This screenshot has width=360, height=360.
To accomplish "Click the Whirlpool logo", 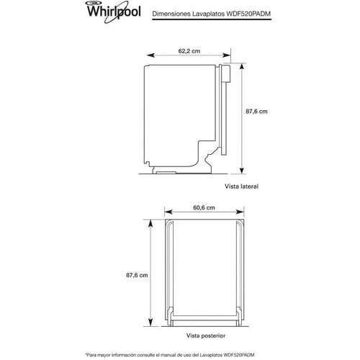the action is [114, 12].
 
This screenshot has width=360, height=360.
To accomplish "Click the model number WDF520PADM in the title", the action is [248, 14].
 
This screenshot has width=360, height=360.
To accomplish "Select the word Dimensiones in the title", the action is [170, 14].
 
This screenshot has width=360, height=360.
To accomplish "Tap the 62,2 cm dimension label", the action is [189, 51].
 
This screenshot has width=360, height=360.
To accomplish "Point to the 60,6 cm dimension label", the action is [204, 207].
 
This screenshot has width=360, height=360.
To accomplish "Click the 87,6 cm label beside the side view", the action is [256, 112].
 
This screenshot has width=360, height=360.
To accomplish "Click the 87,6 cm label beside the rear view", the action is [137, 275].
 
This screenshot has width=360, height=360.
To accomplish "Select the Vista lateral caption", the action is [241, 186].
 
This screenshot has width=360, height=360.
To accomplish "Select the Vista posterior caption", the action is [206, 336].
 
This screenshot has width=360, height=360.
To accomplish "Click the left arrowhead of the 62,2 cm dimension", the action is [150, 55].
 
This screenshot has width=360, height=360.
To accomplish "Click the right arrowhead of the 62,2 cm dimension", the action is [227, 55].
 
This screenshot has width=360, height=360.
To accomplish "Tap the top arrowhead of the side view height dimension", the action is [242, 68].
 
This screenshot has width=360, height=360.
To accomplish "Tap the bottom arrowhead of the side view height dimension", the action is [242, 170].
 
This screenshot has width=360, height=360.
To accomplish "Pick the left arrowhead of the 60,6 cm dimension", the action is [168, 212].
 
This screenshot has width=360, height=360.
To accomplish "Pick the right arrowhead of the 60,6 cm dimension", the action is [240, 212].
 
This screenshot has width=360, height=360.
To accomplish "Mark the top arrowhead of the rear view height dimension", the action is [150, 223].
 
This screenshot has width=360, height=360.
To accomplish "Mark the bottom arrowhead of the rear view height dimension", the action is [150, 322].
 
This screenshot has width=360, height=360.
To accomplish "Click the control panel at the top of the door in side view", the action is [225, 73].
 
